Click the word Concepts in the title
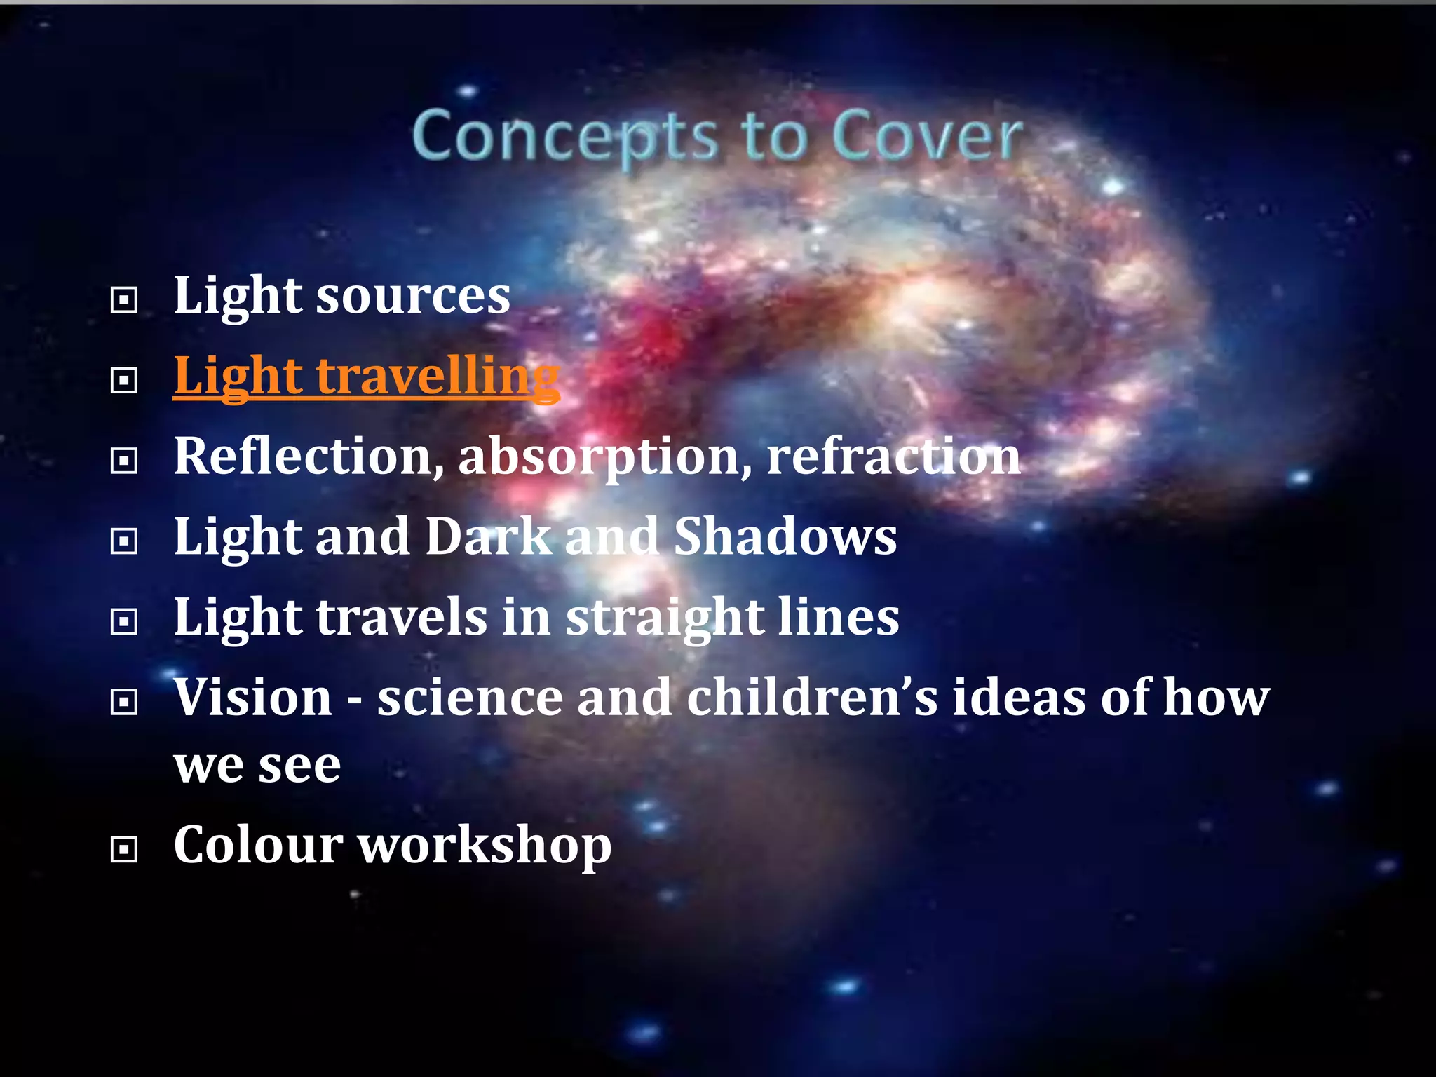(565, 136)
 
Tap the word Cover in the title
(927, 136)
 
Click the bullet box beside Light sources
(124, 300)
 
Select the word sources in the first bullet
(413, 296)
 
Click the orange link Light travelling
(366, 377)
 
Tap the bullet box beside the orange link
(124, 381)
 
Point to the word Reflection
(309, 456)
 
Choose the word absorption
(605, 458)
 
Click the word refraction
(893, 456)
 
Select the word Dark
(489, 537)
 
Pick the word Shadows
(785, 537)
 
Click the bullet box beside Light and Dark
(124, 541)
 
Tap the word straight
(663, 618)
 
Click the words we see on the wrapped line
(257, 766)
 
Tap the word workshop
(485, 846)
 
